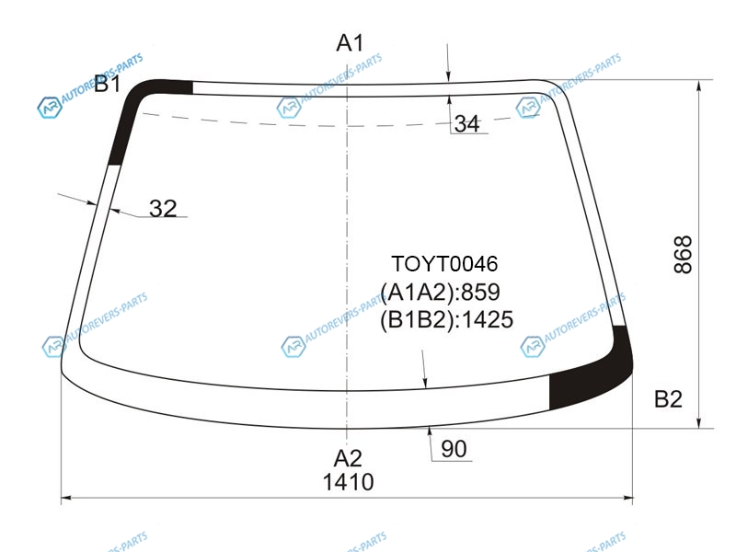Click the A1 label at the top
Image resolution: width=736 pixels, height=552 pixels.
[x=350, y=43]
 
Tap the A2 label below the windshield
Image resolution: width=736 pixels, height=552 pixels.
[x=348, y=457]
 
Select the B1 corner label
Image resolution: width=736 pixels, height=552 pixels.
[x=108, y=84]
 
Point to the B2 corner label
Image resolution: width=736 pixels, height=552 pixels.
[x=668, y=399]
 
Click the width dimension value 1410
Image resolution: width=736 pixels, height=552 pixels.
[x=349, y=482]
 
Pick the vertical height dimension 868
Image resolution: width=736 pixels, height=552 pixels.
[x=683, y=255]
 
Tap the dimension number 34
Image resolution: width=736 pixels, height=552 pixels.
[x=467, y=123]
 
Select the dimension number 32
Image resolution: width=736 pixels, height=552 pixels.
[x=163, y=208]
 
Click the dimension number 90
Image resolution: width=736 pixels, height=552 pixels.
[x=454, y=449]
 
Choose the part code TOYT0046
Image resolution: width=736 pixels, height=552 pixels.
[x=444, y=264]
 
